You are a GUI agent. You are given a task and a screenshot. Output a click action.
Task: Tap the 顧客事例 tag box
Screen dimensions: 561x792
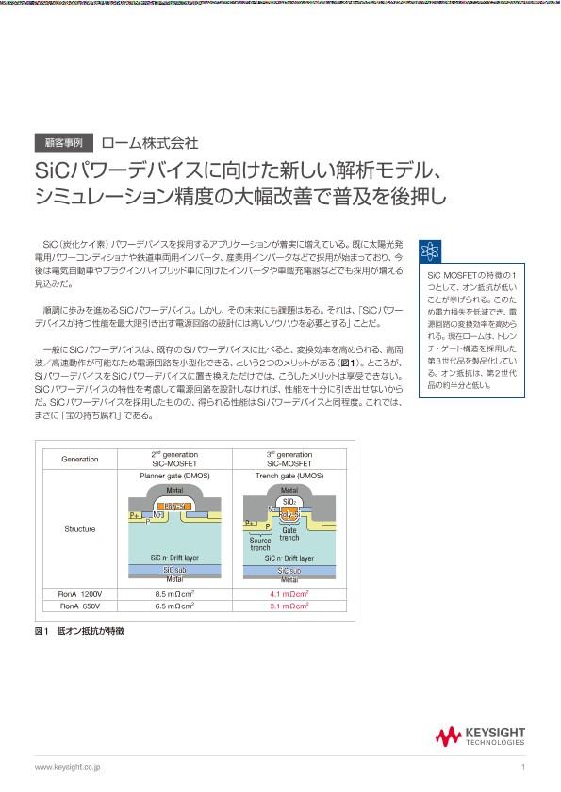tap(63, 143)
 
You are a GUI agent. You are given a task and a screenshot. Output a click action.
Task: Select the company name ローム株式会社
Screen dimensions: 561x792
tap(150, 143)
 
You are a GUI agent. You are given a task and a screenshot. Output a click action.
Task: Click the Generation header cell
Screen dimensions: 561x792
tap(80, 459)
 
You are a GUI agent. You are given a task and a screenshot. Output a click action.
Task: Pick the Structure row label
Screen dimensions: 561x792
tap(80, 529)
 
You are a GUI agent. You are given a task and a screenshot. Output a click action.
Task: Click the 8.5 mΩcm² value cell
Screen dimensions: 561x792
tap(174, 594)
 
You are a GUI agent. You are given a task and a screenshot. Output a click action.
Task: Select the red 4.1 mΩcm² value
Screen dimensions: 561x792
tap(289, 594)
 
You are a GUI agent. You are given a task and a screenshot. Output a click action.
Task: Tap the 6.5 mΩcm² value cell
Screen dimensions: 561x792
tap(174, 606)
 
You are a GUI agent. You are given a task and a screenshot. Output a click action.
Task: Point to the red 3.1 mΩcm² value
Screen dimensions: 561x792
tap(289, 606)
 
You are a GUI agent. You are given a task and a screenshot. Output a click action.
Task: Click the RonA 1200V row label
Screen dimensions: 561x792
tap(80, 594)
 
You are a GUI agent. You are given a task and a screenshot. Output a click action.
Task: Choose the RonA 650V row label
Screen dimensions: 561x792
tap(80, 606)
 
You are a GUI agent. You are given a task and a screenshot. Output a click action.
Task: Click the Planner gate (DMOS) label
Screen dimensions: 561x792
tap(174, 476)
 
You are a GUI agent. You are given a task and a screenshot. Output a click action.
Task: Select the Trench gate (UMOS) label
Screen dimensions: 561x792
tap(289, 476)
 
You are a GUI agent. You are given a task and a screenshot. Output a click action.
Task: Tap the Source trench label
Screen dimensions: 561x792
tap(260, 543)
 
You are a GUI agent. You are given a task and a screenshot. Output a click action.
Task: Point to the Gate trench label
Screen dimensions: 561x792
tap(289, 534)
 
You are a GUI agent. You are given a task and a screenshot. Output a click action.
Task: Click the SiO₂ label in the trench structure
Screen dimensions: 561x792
tap(289, 503)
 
